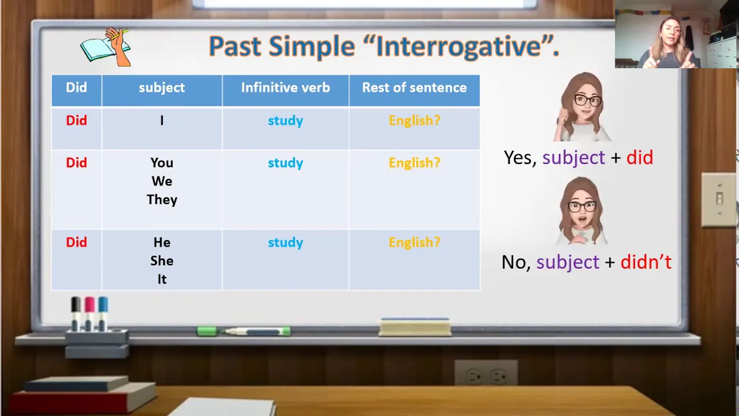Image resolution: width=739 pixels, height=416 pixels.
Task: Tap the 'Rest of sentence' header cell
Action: pos(415,90)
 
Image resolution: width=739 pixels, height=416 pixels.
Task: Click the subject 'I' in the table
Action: pos(162,121)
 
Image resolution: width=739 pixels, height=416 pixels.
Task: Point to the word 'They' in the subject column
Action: pos(162,200)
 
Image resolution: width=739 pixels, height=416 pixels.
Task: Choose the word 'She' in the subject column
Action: pos(162,261)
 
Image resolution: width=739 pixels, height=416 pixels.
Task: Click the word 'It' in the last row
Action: pos(162,279)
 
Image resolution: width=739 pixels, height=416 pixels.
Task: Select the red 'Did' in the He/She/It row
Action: pos(76,242)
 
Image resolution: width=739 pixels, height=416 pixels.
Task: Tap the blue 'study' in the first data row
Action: pos(285,121)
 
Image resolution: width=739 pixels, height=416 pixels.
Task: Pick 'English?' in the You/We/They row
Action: pos(415,163)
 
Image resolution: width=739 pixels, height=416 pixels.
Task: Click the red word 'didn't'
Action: pos(646,262)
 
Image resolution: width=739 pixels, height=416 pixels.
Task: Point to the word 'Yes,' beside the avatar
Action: pos(520,158)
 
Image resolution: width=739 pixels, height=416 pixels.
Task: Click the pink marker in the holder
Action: pos(89,314)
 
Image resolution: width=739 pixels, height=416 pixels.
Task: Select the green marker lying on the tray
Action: pos(244,331)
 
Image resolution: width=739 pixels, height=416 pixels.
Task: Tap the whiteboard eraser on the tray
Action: pos(415,327)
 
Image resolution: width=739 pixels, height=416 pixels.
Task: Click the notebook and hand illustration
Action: pos(106,47)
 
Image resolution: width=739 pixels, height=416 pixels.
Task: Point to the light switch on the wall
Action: pos(719,199)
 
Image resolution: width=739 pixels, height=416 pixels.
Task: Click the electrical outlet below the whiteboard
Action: pos(486,373)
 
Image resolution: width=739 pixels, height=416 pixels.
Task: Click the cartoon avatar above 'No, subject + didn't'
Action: pos(581,211)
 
